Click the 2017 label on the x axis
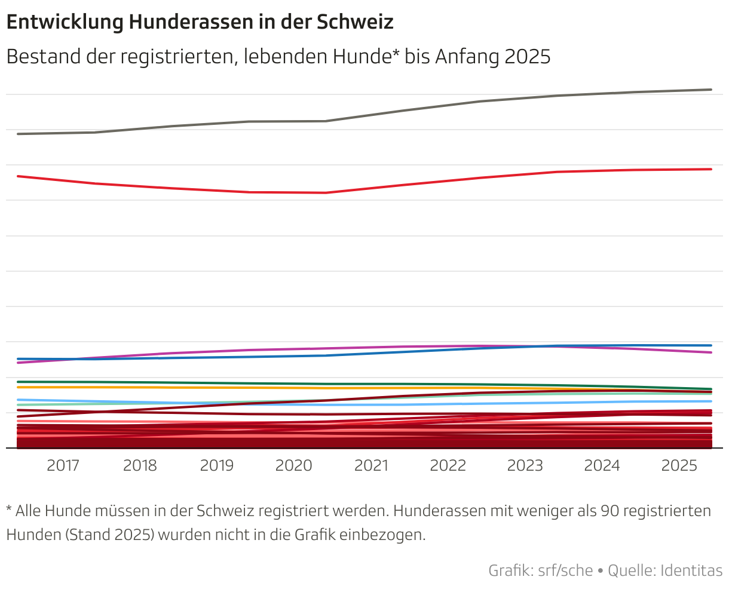click(63, 465)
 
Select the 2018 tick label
click(140, 465)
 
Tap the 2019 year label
click(217, 465)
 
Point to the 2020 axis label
click(293, 465)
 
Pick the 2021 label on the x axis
click(371, 465)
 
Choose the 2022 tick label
click(448, 465)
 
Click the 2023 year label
click(525, 465)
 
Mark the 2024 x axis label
click(602, 465)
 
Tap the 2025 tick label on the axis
click(679, 465)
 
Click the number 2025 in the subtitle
click(527, 57)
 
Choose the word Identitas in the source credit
click(691, 570)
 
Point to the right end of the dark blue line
click(710, 345)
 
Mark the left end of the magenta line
click(19, 363)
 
